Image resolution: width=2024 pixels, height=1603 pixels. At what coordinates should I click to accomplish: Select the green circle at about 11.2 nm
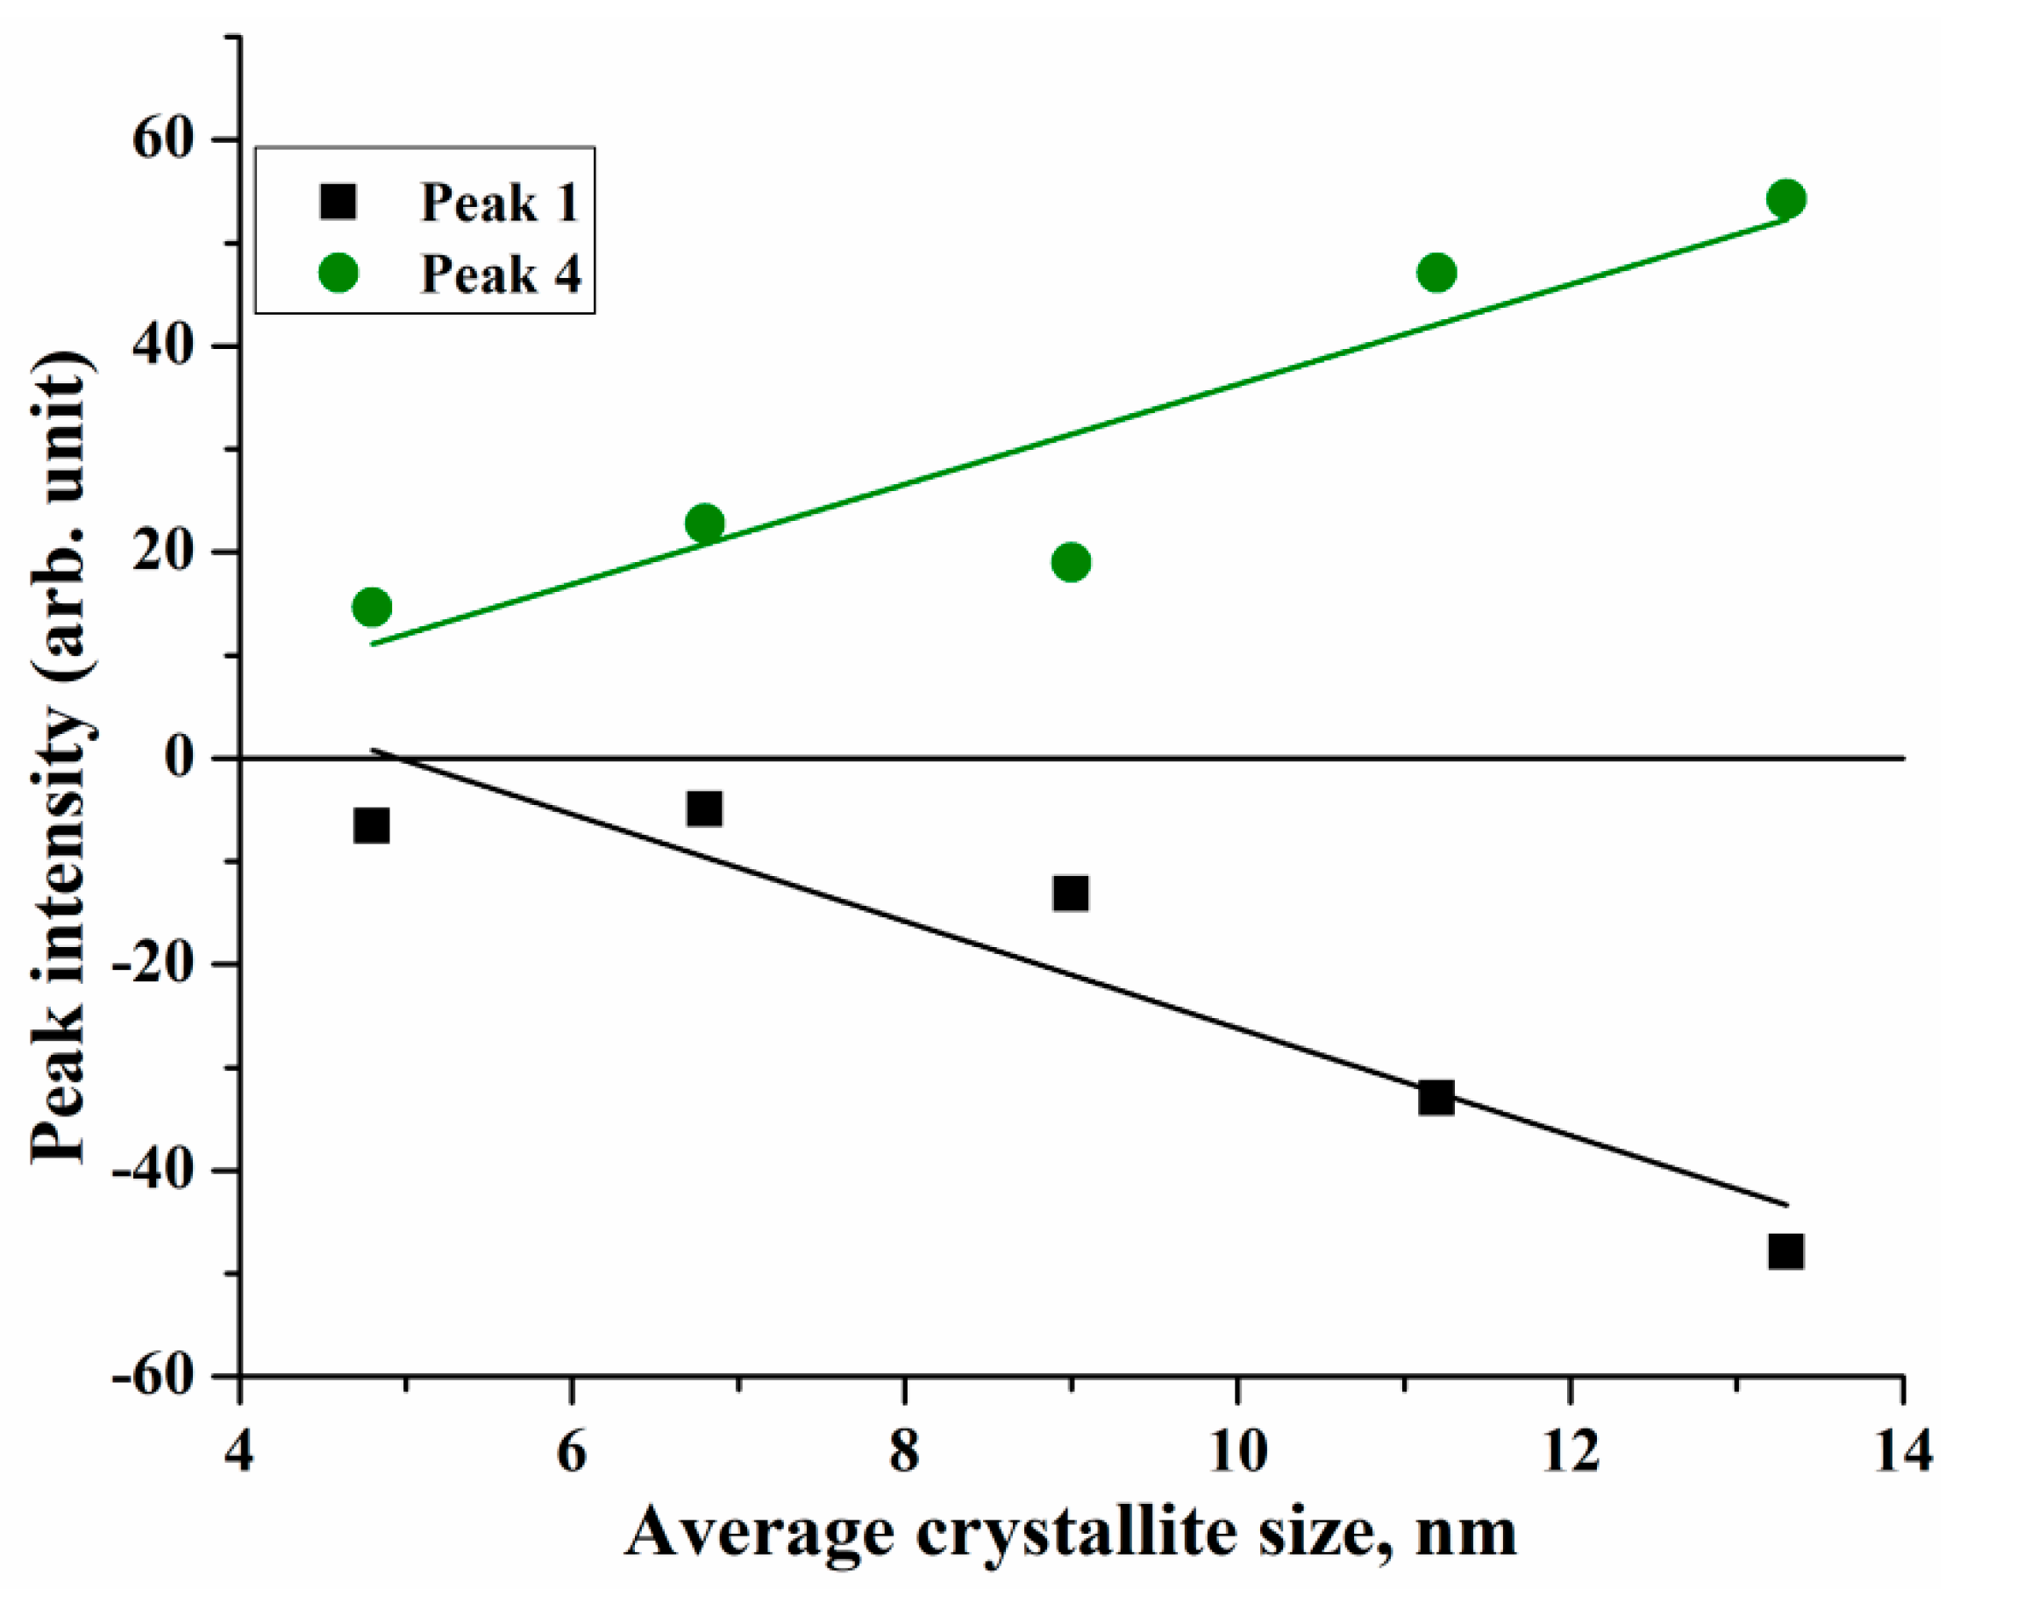[x=1436, y=273]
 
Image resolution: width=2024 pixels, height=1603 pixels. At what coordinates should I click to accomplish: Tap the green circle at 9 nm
[x=1071, y=562]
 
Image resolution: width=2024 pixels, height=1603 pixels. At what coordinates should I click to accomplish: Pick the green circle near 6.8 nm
[x=705, y=523]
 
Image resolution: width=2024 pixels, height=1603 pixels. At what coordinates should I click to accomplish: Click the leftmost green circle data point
[x=372, y=607]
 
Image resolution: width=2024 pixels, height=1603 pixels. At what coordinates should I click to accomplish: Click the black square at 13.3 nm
[x=1785, y=1251]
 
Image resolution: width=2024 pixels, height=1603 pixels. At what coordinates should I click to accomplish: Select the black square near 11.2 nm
[x=1436, y=1096]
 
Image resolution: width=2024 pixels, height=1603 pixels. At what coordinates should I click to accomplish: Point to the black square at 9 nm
[x=1071, y=893]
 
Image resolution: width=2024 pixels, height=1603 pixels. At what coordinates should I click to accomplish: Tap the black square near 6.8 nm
[x=705, y=808]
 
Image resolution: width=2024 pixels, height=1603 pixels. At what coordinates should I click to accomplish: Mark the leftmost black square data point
[x=372, y=826]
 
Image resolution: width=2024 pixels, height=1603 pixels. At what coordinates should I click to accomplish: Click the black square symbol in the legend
[x=338, y=202]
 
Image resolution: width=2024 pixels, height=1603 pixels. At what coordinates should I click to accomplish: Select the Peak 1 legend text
[x=499, y=202]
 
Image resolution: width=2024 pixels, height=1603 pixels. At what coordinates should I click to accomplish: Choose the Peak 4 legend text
[x=499, y=274]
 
